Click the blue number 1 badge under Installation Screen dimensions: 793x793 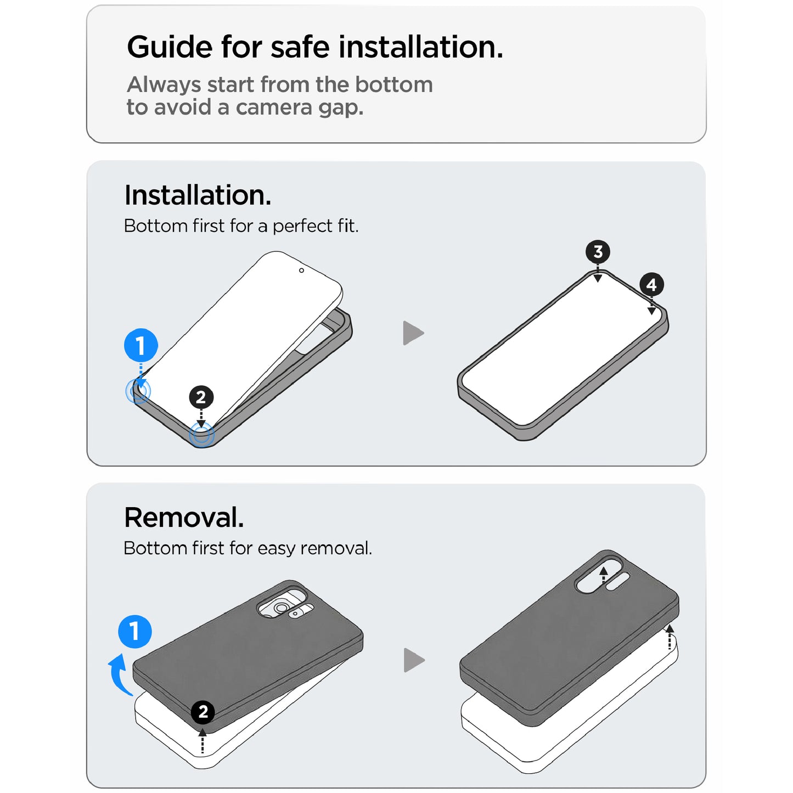[140, 345]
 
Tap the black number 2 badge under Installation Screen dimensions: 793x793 [201, 397]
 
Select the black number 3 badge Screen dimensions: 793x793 [598, 252]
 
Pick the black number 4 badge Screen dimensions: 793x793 [651, 284]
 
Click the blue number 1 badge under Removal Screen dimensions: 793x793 [135, 631]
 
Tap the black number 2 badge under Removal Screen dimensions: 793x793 [203, 712]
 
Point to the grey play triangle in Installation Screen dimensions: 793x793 [413, 333]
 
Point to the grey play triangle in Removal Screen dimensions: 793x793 [414, 660]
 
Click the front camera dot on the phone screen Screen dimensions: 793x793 [301, 271]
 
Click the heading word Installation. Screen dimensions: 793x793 [198, 195]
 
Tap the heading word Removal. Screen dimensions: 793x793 [184, 518]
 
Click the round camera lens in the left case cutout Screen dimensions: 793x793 [281, 608]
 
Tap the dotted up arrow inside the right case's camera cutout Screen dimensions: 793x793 [603, 575]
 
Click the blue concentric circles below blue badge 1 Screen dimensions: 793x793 [138, 391]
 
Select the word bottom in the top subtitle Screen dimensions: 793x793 [394, 85]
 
